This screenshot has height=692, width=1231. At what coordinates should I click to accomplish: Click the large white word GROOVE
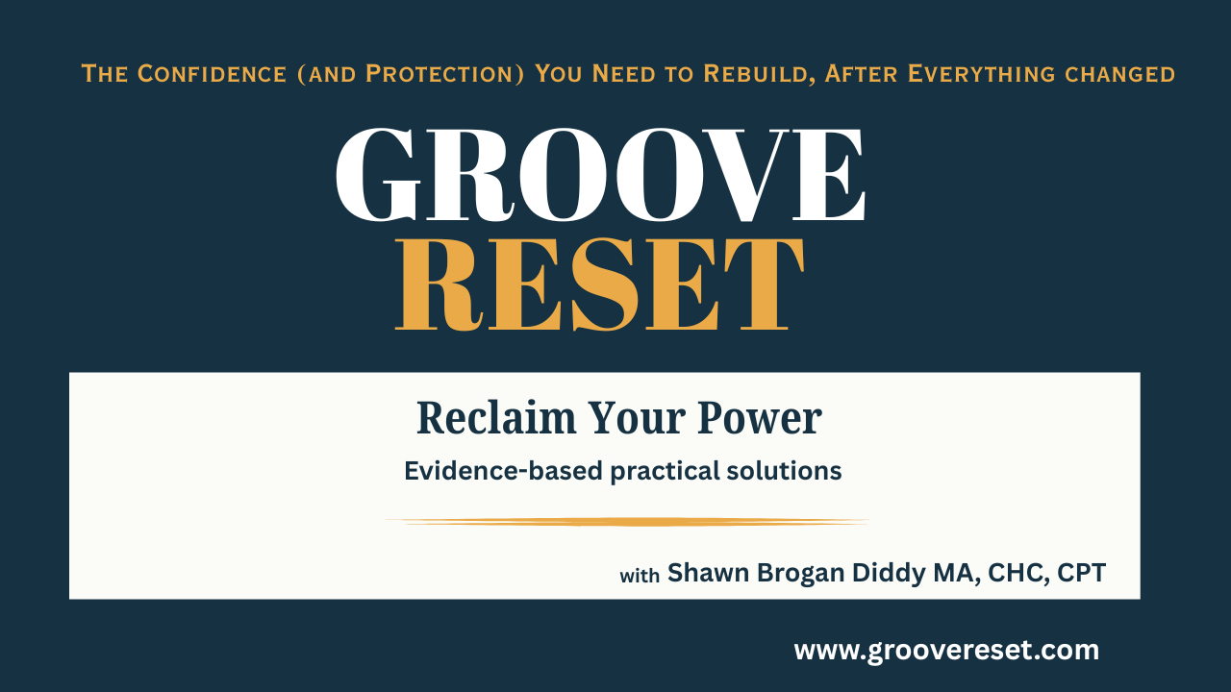coord(600,175)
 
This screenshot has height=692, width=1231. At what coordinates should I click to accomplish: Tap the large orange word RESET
coord(600,284)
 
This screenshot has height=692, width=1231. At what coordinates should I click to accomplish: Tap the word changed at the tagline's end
coord(1120,75)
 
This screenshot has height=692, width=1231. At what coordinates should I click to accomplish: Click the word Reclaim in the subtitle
coord(496,418)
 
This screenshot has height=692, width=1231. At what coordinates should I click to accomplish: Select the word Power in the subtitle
coord(760,418)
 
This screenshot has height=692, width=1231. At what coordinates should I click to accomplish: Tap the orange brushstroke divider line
coord(627,522)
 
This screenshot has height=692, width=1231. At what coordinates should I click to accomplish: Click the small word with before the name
coord(640,576)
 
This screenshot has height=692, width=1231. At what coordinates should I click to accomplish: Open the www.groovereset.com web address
coord(946,651)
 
